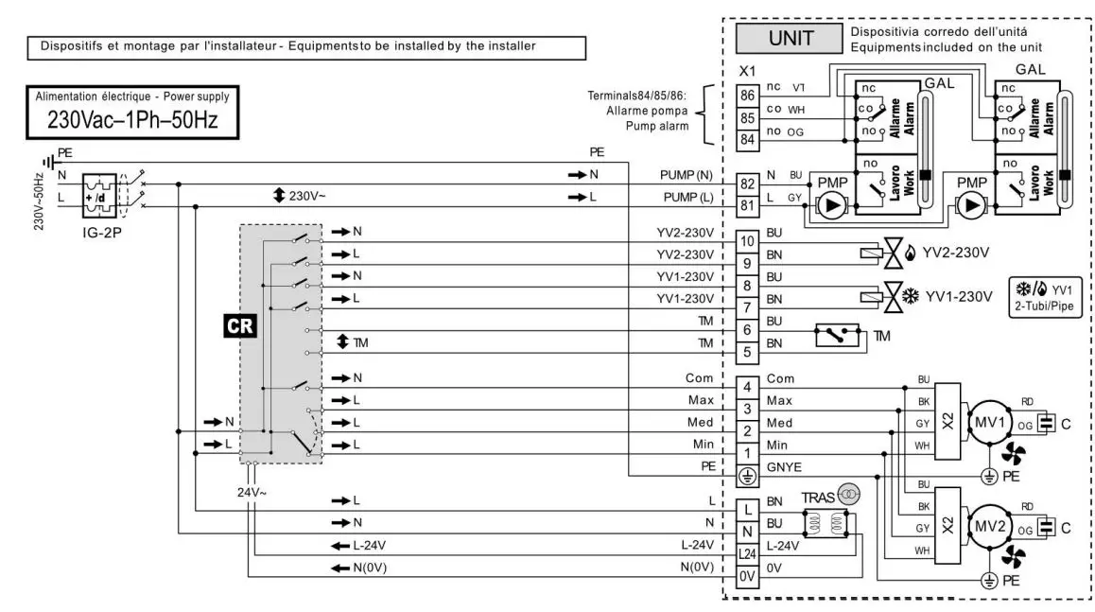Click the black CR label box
coord(240,326)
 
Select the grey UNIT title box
coord(790,38)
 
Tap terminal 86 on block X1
coord(747,95)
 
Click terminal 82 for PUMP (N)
coord(747,184)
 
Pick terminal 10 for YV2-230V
coord(747,241)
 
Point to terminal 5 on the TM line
coord(747,352)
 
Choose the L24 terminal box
coord(747,554)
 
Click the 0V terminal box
coord(747,576)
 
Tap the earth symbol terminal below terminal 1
coord(747,476)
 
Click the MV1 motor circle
coord(989,423)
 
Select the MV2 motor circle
coord(989,527)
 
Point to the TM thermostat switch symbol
coord(837,336)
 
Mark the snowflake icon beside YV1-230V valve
coord(911,296)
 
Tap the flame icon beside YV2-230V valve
coord(910,253)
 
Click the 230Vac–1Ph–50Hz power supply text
coord(132,119)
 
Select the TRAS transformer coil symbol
coord(826,523)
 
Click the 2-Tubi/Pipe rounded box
coord(1045,298)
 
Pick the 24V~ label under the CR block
coord(252,493)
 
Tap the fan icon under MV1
coord(1013,453)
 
